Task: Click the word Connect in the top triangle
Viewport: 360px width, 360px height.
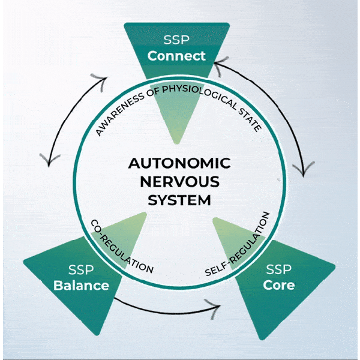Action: (177, 56)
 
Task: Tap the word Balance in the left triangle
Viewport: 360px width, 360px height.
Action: (81, 285)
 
